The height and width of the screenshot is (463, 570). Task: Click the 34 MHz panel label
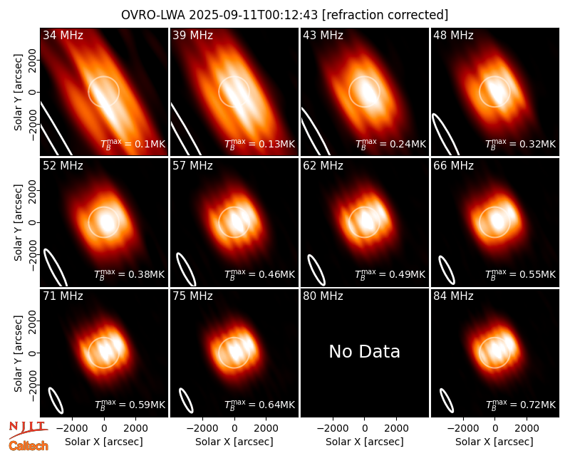tap(63, 35)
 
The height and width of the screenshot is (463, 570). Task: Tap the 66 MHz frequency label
tap(453, 166)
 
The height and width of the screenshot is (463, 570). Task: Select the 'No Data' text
tap(364, 351)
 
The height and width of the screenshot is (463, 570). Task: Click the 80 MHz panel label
tap(323, 296)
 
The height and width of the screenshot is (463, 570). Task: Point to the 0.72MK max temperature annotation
tap(521, 404)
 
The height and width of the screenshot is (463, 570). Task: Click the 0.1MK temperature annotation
tap(133, 144)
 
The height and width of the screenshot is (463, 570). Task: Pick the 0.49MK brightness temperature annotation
tap(390, 274)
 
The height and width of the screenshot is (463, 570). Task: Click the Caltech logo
tap(28, 446)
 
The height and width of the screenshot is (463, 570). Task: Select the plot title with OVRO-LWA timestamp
tap(284, 15)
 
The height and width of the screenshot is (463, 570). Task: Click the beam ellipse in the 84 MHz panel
tap(447, 401)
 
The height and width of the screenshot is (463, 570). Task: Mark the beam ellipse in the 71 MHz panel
tap(56, 400)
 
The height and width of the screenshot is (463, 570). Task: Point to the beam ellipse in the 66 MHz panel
tap(447, 270)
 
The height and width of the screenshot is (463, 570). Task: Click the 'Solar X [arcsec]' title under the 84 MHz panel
tap(494, 442)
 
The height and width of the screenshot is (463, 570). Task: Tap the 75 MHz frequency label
tap(192, 296)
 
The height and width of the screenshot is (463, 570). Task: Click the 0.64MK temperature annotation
tap(260, 404)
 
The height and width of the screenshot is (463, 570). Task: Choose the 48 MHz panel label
tap(453, 35)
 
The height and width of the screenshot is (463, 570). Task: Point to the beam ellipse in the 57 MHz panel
tap(186, 269)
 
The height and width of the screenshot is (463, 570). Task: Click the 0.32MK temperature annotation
tap(521, 144)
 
